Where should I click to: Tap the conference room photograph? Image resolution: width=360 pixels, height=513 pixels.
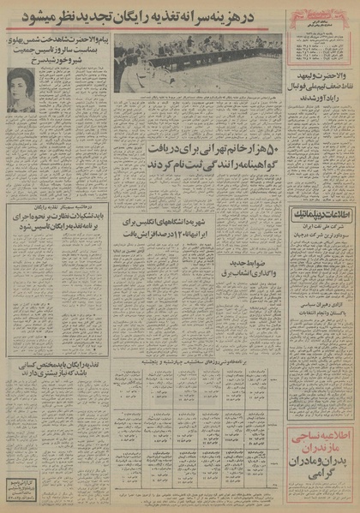pyautogui.click(x=197, y=63)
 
